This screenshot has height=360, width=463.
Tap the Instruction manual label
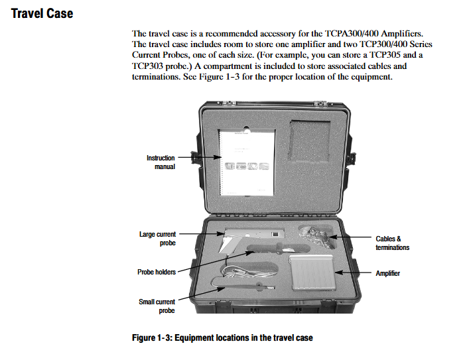pyautogui.click(x=161, y=162)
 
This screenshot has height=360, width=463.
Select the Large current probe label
pyautogui.click(x=158, y=239)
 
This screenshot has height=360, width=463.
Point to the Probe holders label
pyautogui.click(x=156, y=272)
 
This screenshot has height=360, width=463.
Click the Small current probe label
pyautogui.click(x=157, y=306)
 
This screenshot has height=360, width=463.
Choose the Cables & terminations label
pyautogui.click(x=392, y=243)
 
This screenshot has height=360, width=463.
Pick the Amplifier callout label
pyautogui.click(x=387, y=273)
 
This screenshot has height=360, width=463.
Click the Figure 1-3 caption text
pyautogui.click(x=222, y=338)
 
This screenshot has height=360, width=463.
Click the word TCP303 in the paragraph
pyautogui.click(x=150, y=66)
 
